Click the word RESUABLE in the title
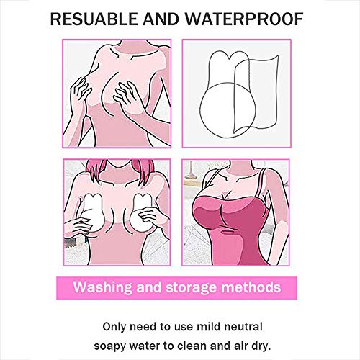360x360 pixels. pos(94,19)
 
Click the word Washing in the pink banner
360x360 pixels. pos(102,288)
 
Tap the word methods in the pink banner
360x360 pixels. pos(251,287)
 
